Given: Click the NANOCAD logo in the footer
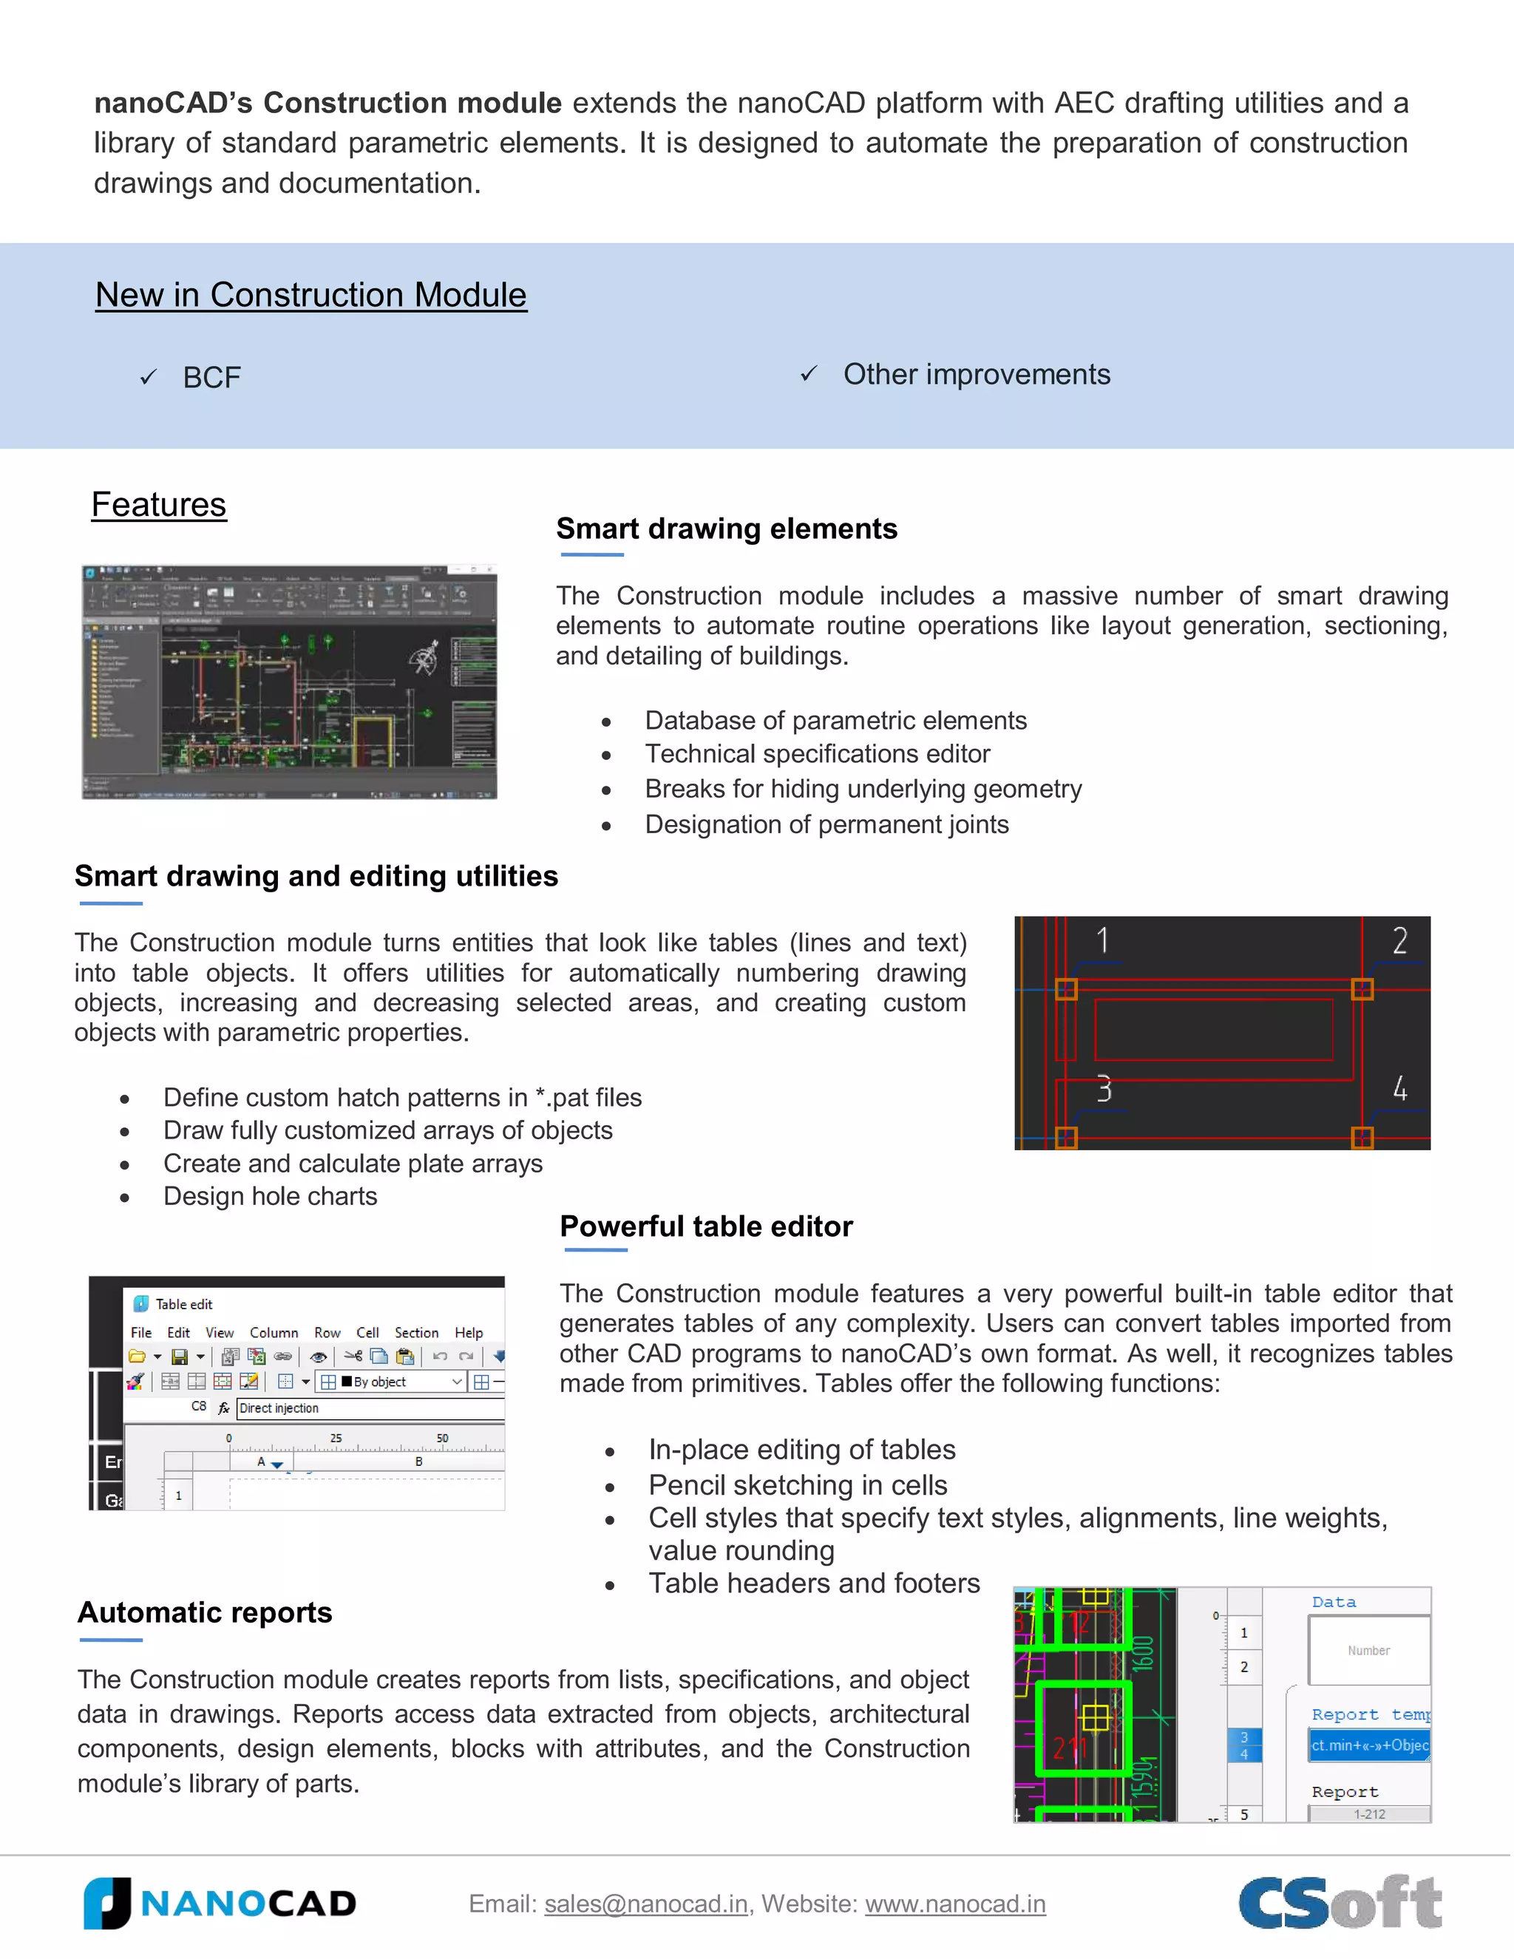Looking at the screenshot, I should click(x=220, y=1903).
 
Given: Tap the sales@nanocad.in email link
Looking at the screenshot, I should click(x=646, y=1904).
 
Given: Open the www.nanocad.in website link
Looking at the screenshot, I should click(x=955, y=1904).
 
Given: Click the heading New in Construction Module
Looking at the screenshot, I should click(x=311, y=295).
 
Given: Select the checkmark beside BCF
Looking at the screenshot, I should click(x=149, y=378).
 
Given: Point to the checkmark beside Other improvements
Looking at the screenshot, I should click(x=809, y=374).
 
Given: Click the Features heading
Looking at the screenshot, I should click(x=159, y=505).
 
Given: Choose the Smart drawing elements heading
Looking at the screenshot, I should click(x=727, y=529).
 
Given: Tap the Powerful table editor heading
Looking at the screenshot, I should click(x=706, y=1226).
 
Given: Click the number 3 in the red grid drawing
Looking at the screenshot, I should click(x=1104, y=1089).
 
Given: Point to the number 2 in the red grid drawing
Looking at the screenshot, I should click(x=1399, y=941).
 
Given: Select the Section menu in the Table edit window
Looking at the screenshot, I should click(x=416, y=1333).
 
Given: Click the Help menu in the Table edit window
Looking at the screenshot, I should click(x=468, y=1333).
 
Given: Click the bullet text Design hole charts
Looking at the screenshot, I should click(x=270, y=1197).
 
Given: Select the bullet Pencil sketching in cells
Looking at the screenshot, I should click(x=798, y=1485).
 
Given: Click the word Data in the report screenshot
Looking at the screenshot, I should click(x=1334, y=1602).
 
